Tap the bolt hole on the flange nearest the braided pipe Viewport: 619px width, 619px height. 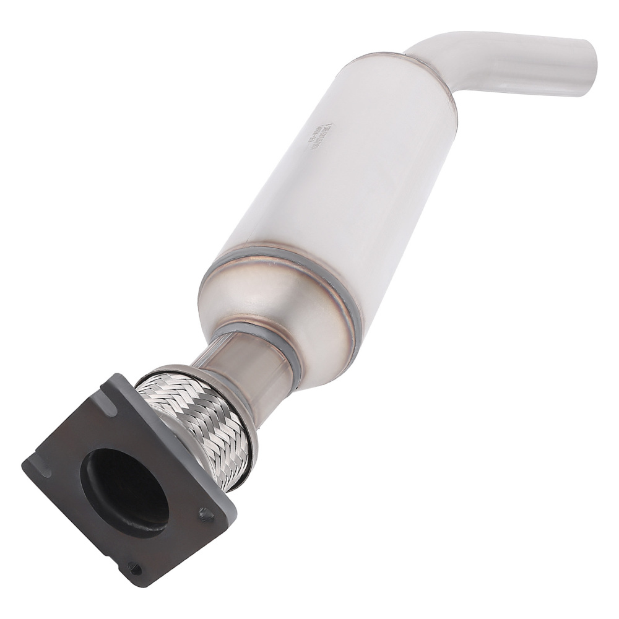[x=205, y=513]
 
